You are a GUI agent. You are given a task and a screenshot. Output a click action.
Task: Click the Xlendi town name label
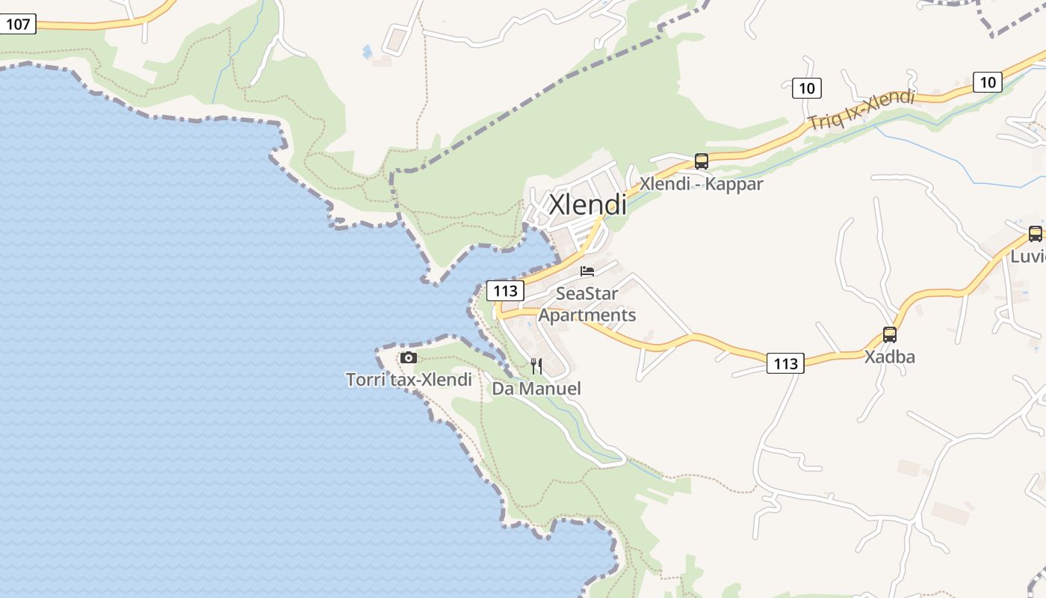coord(588,205)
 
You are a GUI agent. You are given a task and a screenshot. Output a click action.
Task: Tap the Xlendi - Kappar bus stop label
coord(701,184)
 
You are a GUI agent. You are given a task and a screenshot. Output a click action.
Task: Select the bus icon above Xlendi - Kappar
coord(701,161)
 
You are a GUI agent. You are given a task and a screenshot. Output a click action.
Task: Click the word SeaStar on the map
coord(587,294)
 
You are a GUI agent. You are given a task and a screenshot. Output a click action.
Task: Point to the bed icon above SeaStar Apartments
coord(587,271)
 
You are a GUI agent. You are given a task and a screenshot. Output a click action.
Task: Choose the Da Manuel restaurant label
coord(536,389)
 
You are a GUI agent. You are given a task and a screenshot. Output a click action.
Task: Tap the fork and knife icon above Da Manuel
coord(536,366)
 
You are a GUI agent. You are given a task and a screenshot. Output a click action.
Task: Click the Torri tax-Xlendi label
coord(409,380)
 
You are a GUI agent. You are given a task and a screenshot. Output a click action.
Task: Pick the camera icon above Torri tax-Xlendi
coord(408,358)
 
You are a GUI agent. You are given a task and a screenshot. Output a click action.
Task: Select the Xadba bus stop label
coord(889,357)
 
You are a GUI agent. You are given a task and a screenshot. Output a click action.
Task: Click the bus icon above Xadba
coord(889,334)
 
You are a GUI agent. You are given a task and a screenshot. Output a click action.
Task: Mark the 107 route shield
coord(17,24)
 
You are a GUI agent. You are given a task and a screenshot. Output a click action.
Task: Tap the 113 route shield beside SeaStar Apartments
coord(504,290)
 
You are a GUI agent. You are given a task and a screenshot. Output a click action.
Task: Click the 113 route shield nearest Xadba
coord(785,363)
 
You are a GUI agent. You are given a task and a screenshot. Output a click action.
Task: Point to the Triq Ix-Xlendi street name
coord(861,109)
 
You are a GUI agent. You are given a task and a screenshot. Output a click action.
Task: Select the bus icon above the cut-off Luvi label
coord(1035,233)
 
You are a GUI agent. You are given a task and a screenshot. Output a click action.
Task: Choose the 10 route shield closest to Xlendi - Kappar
coord(806,88)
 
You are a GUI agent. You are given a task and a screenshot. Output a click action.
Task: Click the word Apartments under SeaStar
coord(587,315)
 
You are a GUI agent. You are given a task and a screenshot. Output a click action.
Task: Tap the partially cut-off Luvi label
coord(1027,256)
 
